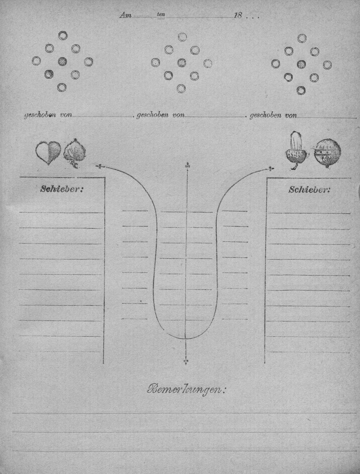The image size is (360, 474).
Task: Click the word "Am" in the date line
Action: coord(125,15)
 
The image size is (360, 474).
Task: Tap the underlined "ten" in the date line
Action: coord(161,14)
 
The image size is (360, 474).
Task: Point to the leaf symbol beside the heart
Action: coord(75,153)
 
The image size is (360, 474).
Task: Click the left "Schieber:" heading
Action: coord(62,189)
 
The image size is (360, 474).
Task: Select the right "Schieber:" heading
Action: coord(309,190)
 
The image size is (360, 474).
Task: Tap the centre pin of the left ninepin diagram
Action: coord(62,62)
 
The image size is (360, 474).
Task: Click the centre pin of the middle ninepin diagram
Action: coord(182,63)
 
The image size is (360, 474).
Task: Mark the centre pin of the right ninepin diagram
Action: coord(301,64)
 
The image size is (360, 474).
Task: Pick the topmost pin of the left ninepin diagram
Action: coord(63,36)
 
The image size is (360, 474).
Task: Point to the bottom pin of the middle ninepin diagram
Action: coord(181,89)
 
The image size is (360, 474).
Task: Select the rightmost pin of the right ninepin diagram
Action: coord(327,65)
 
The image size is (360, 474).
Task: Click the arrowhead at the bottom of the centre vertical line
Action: coord(186,364)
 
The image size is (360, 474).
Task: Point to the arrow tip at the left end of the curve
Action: coord(96,166)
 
